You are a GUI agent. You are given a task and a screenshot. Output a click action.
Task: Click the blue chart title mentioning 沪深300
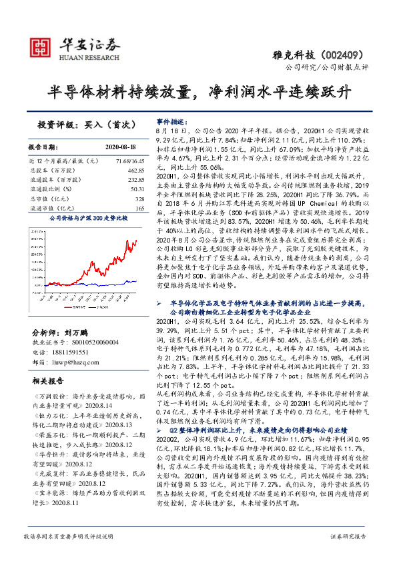[x=86, y=217]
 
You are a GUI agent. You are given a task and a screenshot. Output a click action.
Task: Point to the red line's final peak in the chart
[x=136, y=241]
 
